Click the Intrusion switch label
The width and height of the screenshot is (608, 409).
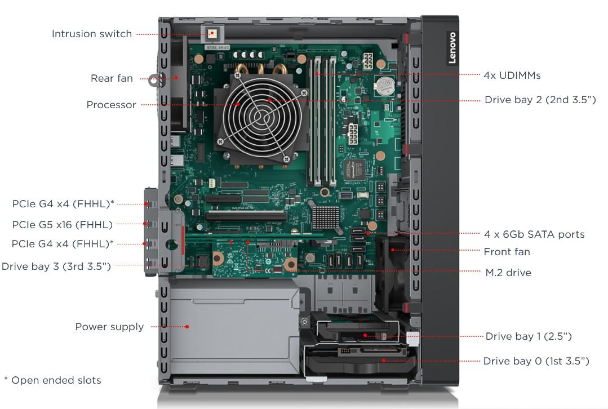coord(92,34)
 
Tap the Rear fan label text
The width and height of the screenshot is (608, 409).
coord(112,78)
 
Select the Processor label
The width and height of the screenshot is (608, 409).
coord(111,105)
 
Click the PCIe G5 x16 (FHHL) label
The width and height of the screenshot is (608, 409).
coord(63,224)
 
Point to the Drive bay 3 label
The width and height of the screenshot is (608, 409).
coord(56,266)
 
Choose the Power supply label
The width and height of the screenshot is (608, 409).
coord(109,327)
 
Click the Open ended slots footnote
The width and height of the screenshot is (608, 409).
coord(53,380)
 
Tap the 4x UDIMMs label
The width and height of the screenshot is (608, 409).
coord(512,75)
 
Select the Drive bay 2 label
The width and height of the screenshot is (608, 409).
coord(540,100)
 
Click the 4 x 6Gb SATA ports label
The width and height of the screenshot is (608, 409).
coord(534,234)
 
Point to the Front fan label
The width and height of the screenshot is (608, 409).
coord(507,252)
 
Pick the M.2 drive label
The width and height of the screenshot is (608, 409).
coord(508,273)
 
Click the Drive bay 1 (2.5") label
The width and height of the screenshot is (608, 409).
coord(529,336)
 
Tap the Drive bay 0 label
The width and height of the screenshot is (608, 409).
coord(536,361)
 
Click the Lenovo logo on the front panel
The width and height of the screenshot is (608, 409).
coord(452,48)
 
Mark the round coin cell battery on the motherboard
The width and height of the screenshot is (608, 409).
coord(386,86)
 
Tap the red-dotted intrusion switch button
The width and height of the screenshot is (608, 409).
coord(212,33)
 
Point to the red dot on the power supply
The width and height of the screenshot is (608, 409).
coord(187,327)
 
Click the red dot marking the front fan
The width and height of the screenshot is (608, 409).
coord(393,250)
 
